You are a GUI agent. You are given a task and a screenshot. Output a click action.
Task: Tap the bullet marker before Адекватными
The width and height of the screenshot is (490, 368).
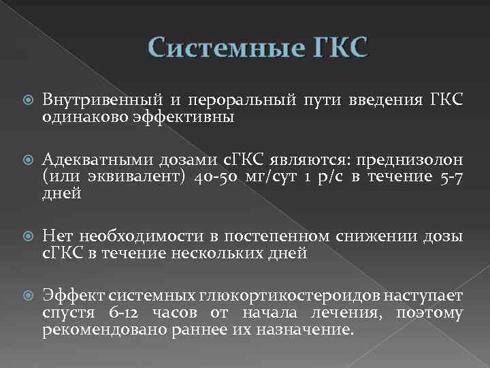27,159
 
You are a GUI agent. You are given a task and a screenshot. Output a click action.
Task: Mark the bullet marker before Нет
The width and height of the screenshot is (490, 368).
27,236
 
